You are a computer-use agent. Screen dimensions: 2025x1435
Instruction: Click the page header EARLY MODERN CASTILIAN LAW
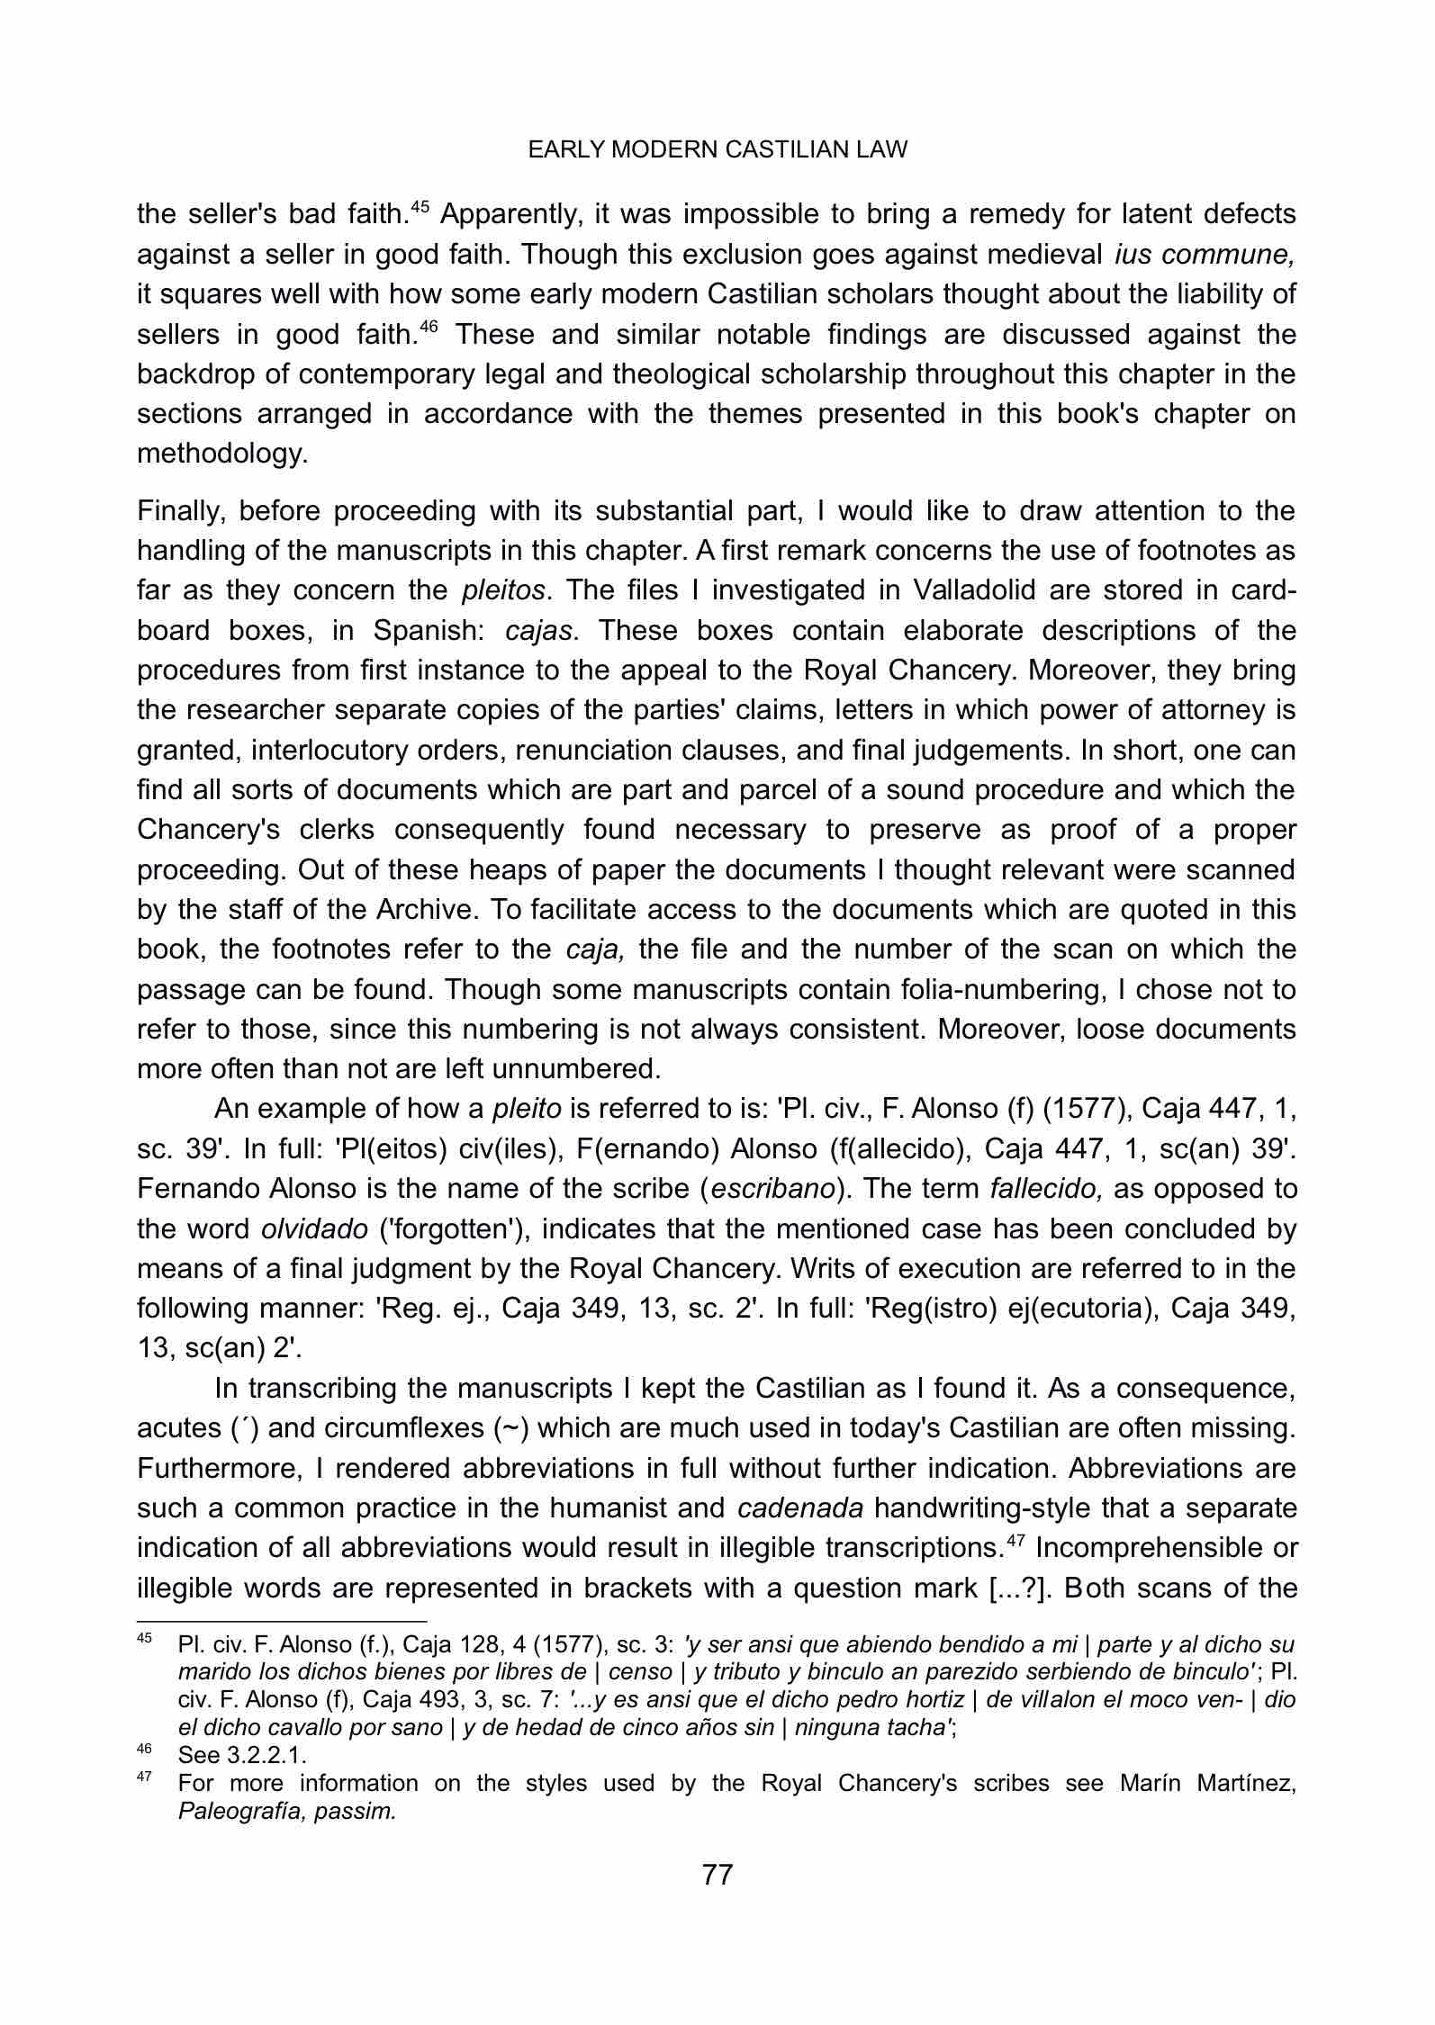[x=717, y=150]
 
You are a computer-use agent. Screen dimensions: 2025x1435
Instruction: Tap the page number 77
[x=717, y=1875]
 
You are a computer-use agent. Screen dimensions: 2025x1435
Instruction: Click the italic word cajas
[x=539, y=630]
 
